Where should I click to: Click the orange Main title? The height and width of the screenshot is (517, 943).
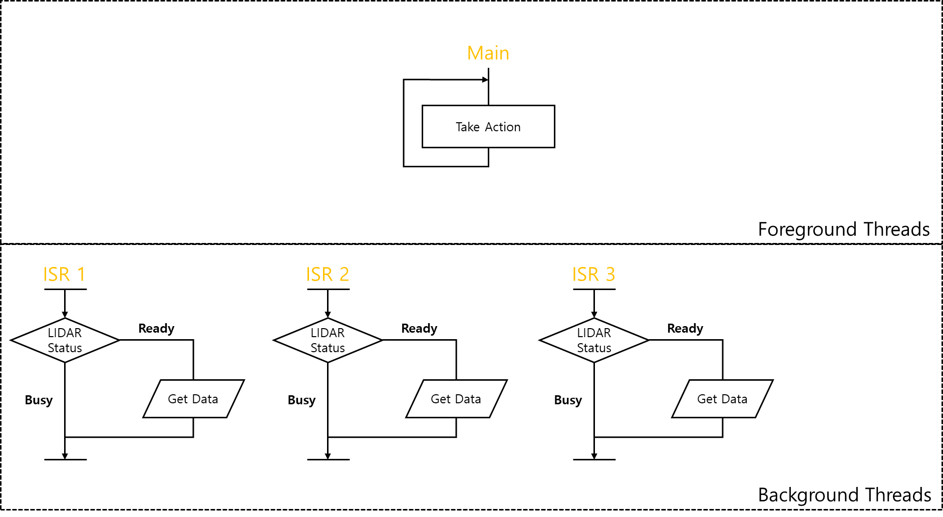488,53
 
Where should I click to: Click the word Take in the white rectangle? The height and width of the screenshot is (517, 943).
467,127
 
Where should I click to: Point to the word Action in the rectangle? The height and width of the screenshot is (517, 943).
502,127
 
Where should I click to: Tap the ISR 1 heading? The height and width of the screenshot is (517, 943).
64,275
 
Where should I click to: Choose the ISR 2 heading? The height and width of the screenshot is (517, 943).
327,275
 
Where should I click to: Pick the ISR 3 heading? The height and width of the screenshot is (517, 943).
593,275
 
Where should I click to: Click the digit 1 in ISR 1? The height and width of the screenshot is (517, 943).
81,275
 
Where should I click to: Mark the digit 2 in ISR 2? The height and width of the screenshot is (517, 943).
344,275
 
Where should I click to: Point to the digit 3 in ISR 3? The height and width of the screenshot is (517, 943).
610,275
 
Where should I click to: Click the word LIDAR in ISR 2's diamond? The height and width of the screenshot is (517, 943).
328,333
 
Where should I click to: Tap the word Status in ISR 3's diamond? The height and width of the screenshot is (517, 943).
594,348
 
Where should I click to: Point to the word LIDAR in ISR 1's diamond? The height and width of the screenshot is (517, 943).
65,333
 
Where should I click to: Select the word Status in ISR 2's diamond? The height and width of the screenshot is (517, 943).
328,348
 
